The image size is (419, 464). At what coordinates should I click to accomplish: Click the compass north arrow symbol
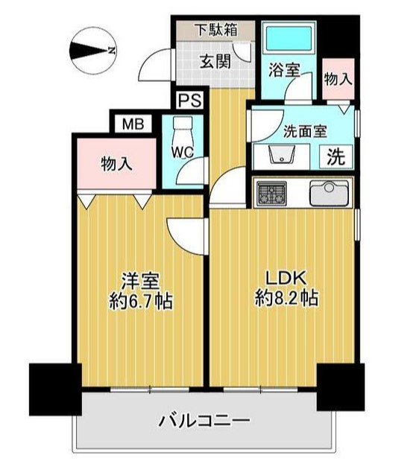tap(92, 51)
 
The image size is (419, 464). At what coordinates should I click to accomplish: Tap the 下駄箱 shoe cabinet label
tap(216, 31)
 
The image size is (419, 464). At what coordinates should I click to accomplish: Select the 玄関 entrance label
tap(215, 61)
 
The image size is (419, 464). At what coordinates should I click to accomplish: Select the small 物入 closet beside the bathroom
tap(337, 78)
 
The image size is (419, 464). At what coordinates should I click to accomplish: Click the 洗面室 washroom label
tap(305, 131)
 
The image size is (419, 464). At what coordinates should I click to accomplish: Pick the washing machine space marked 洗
tap(336, 158)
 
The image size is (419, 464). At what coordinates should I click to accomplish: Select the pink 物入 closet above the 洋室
tap(117, 163)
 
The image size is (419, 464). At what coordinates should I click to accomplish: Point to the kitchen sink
tap(327, 194)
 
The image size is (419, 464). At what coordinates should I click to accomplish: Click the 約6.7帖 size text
tap(139, 302)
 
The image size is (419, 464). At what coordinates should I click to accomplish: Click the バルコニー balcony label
tap(204, 421)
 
